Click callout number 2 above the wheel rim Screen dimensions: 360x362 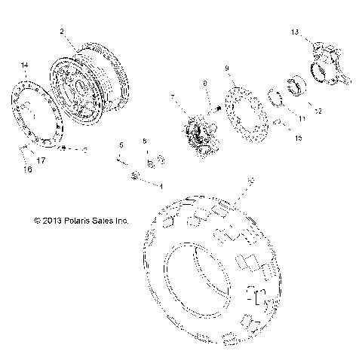point(63,32)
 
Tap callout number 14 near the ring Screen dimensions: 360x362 point(25,67)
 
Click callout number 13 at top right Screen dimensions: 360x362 point(296,31)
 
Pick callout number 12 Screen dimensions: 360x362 point(318,111)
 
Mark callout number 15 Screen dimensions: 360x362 point(299,138)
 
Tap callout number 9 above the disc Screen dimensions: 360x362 point(227,69)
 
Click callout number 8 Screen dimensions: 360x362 point(204,83)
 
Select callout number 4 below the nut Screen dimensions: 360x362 point(161,185)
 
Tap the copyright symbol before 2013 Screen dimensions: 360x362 point(36,221)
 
